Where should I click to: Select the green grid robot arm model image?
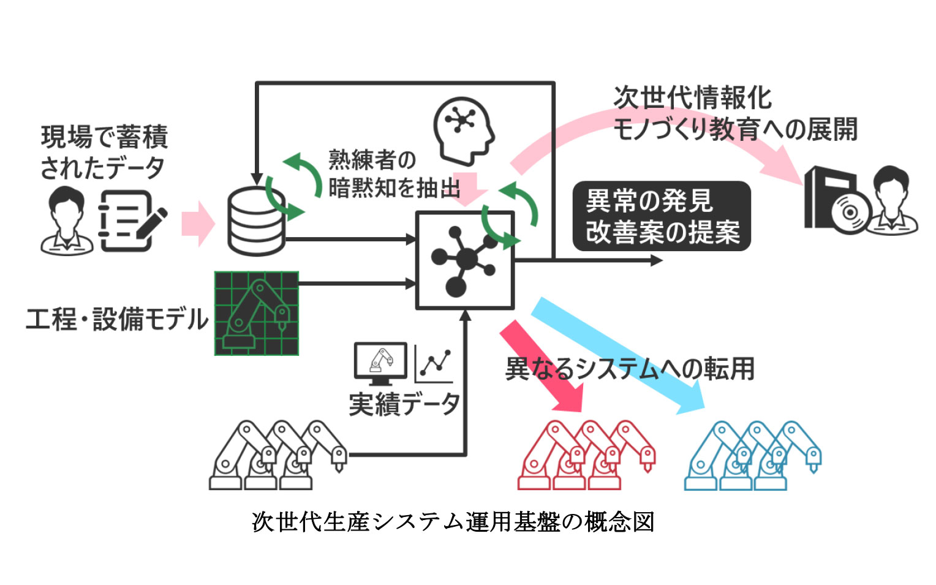257,314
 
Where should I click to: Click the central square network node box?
465,260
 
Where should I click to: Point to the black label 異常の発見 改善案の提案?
661,216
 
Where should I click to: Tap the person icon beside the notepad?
67,221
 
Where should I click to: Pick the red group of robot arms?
586,455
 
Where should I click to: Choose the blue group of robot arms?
752,455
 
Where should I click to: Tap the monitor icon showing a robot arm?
380,363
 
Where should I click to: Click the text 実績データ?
404,404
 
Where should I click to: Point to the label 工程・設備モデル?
116,320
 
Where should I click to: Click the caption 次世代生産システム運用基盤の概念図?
453,522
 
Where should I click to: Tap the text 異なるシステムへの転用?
630,369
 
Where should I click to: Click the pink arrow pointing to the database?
198,224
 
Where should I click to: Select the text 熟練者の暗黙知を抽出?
392,175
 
